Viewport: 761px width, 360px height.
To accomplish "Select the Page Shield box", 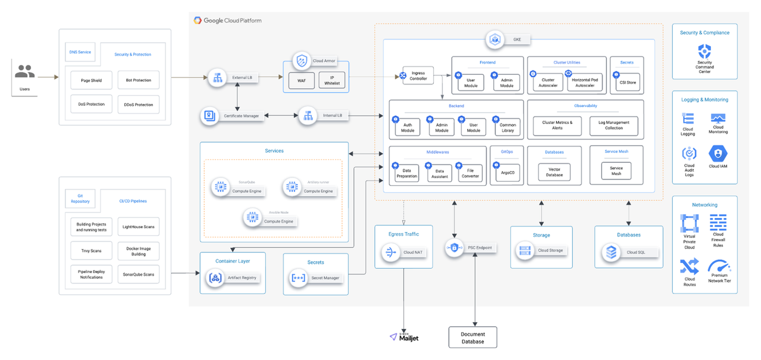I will [x=92, y=80].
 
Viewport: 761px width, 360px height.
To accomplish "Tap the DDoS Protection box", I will [x=138, y=105].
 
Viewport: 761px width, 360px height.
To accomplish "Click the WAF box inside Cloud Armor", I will [x=301, y=81].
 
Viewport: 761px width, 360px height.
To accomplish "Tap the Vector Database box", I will [x=554, y=172].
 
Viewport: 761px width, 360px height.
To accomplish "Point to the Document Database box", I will [x=472, y=338].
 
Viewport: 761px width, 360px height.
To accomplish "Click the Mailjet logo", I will [x=405, y=337].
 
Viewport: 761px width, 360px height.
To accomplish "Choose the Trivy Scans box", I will [x=91, y=251].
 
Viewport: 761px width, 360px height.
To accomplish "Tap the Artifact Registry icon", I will [x=214, y=278].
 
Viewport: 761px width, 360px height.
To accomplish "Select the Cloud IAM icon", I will [x=718, y=153].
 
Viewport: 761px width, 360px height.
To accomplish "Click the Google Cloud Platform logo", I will [x=228, y=20].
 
